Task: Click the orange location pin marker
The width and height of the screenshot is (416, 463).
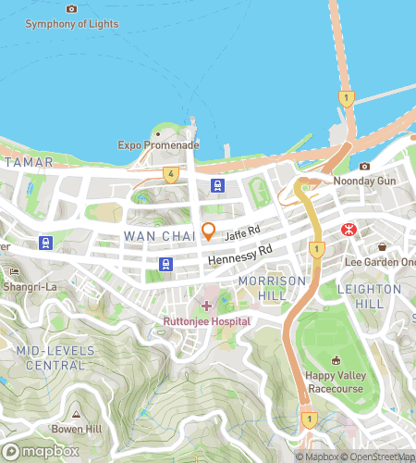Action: [209, 231]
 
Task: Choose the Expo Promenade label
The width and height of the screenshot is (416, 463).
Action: [158, 145]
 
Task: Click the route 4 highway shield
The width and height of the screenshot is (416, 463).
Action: [170, 173]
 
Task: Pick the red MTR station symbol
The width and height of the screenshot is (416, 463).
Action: [349, 228]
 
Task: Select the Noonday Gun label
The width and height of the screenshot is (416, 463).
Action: [364, 181]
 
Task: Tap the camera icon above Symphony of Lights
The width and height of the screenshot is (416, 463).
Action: [72, 8]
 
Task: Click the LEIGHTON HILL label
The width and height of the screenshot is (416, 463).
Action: [369, 296]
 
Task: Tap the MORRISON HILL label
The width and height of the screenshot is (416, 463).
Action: [271, 287]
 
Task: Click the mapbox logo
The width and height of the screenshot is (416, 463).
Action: [40, 451]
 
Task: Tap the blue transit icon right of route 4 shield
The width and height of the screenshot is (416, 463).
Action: [217, 184]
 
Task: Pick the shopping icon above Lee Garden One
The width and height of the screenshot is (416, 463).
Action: [383, 246]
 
